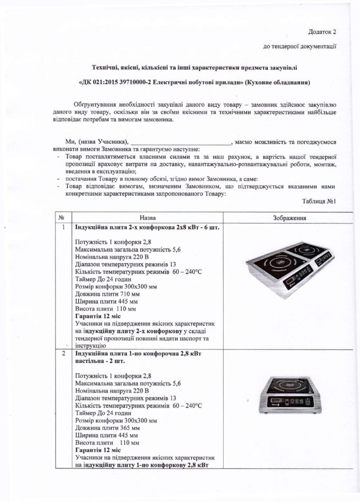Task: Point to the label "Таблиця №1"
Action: pos(320,201)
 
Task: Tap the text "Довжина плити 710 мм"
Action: pos(107,294)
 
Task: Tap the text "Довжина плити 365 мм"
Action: pos(107,427)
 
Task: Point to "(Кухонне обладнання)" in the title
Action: pos(280,83)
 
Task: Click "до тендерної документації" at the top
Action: pos(300,47)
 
